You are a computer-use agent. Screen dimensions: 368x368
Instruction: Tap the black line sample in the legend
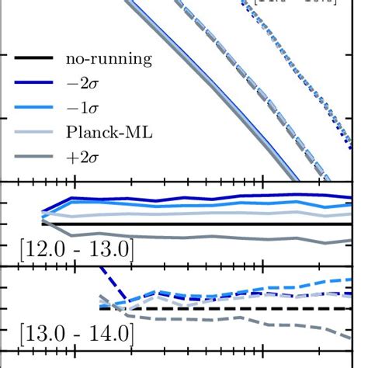pyautogui.click(x=31, y=58)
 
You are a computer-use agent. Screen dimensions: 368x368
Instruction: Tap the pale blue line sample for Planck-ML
pyautogui.click(x=31, y=133)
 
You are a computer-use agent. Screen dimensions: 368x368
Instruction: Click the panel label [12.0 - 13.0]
pyautogui.click(x=76, y=250)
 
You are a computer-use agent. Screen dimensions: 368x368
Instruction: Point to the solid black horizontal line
pyautogui.click(x=194, y=224)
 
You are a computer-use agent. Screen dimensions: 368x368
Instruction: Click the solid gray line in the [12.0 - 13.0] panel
pyautogui.click(x=194, y=236)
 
